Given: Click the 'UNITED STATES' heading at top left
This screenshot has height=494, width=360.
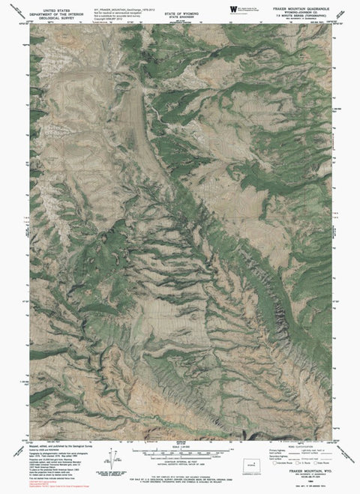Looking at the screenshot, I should (x=52, y=4).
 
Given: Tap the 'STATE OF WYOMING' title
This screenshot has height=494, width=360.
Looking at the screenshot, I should (x=179, y=5).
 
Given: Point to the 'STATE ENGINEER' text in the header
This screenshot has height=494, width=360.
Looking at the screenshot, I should (x=179, y=10).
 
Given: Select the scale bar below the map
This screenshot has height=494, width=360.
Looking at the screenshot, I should (x=178, y=454).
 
